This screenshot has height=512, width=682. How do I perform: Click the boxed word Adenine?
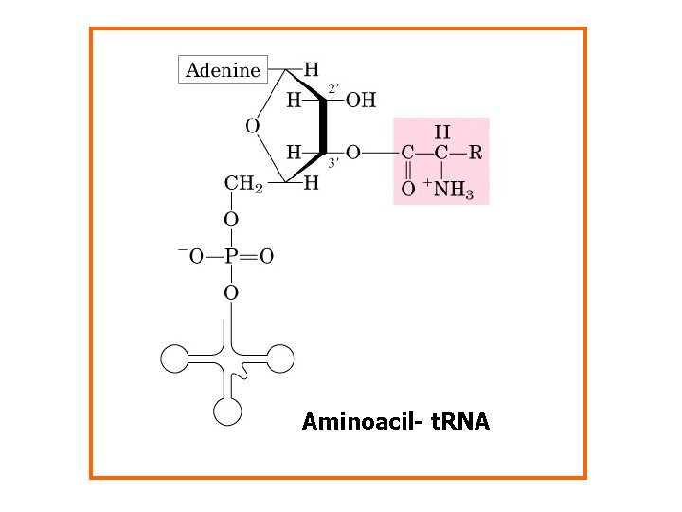point(223,70)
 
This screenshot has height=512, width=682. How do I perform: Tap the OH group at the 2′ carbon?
point(361,100)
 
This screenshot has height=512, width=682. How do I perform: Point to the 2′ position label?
point(332,89)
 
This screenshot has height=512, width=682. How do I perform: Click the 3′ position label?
point(333,162)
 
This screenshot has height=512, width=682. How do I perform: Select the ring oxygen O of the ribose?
point(252,125)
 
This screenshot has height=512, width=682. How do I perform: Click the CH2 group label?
point(243,184)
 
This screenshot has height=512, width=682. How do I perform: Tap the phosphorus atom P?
point(231,256)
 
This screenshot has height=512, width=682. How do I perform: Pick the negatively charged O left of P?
point(191,256)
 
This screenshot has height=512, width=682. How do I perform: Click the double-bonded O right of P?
point(267,256)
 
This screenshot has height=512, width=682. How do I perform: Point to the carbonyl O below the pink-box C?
point(407,190)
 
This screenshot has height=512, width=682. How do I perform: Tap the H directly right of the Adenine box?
point(311,69)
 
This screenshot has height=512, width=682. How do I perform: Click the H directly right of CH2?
point(311,184)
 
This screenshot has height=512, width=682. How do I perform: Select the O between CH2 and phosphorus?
point(231,220)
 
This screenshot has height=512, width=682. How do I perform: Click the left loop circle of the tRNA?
point(175,358)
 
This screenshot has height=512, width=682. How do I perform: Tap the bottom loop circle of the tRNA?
point(228,411)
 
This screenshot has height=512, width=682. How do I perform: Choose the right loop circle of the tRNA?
point(281,358)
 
